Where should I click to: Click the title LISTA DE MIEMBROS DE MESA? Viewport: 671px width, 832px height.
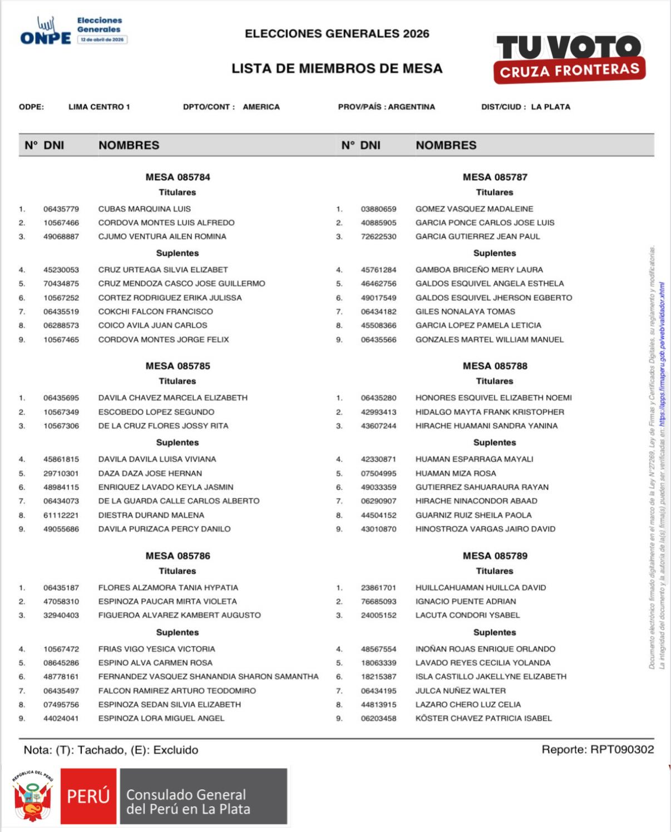pos(337,68)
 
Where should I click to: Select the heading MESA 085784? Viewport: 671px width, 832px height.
pos(177,177)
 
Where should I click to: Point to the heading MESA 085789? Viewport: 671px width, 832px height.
pos(495,556)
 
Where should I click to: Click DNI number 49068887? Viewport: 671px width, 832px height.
pos(61,236)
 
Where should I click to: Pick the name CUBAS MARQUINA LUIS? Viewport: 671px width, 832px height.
pos(145,209)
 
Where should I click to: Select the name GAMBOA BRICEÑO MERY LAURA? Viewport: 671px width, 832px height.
pos(479,270)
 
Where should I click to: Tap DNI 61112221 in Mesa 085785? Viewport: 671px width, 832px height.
pos(61,515)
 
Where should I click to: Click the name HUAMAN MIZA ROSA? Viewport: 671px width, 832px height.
pos(456,473)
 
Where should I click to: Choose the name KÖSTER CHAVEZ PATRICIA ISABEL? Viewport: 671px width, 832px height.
pos(483,718)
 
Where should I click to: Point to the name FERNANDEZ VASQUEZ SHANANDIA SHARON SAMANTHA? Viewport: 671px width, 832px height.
pos(208,676)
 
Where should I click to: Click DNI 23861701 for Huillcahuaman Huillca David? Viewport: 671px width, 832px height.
pos(378,587)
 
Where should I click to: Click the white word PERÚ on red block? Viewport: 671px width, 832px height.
pos(88,796)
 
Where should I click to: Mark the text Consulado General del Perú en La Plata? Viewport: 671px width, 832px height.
pos(188,801)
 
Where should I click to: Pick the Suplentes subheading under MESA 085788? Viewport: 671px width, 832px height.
pos(495,442)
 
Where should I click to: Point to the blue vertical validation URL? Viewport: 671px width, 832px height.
pos(662,356)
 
